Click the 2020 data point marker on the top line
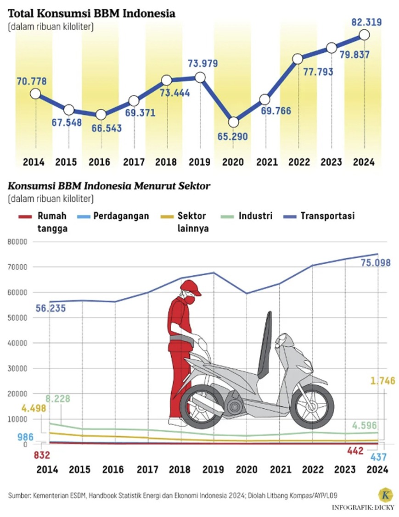click(x=234, y=122)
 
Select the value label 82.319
click(x=366, y=22)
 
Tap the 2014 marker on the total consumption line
click(x=35, y=94)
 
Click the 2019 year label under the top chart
click(x=199, y=162)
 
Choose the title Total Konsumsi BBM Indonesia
click(x=91, y=13)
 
